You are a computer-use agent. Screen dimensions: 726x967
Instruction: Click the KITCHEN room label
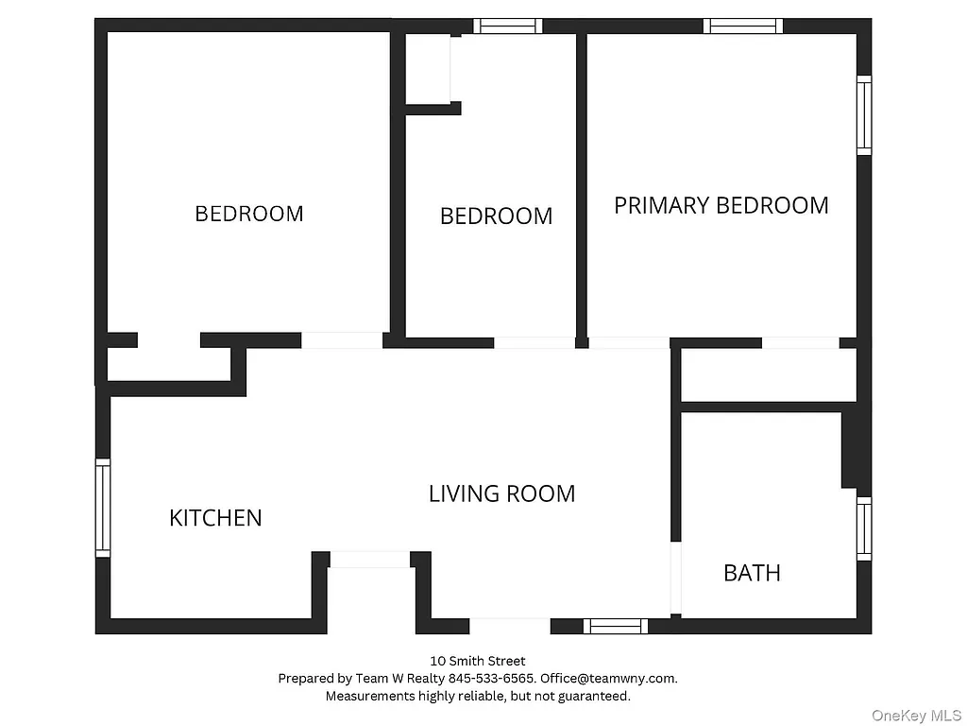[x=215, y=518]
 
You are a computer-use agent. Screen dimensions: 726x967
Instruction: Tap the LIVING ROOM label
[x=501, y=493]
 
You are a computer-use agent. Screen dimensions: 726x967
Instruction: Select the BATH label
[x=752, y=573]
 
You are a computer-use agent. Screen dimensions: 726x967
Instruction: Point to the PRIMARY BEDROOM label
[x=721, y=206]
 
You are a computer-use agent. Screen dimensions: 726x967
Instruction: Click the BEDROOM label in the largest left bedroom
[x=249, y=214]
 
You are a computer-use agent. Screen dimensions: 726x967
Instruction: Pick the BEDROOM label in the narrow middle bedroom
[x=496, y=216]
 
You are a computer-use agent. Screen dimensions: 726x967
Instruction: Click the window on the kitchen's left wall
[x=103, y=508]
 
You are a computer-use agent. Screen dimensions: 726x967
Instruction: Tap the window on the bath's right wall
[x=864, y=528]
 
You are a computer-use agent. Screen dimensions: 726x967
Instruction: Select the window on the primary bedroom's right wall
[x=864, y=115]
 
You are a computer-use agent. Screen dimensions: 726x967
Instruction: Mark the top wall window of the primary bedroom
[x=744, y=26]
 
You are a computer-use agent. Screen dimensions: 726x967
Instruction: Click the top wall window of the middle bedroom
[x=508, y=26]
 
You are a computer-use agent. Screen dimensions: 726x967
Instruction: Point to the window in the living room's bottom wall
[x=615, y=626]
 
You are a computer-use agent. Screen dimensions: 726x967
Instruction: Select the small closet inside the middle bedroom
[x=428, y=68]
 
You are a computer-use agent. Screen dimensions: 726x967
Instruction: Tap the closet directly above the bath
[x=768, y=375]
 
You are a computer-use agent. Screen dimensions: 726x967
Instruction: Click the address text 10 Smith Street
[x=478, y=662]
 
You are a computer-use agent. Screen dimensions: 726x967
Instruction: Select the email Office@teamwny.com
[x=608, y=679]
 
